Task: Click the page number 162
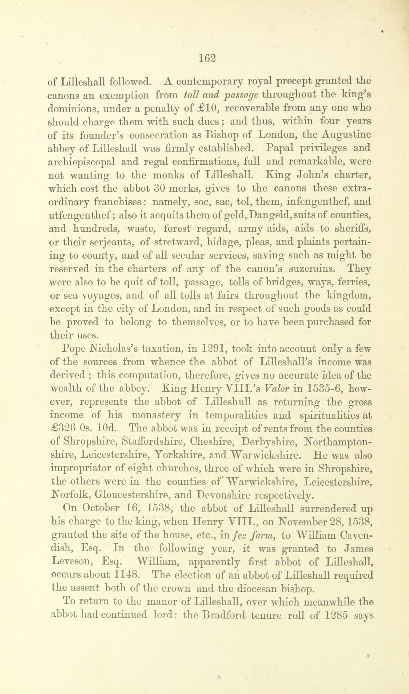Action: (x=207, y=59)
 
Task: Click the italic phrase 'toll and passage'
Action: (x=220, y=95)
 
